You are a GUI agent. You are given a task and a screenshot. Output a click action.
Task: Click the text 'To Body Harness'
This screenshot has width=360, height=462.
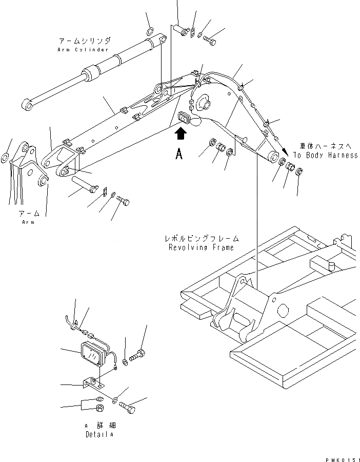(x=325, y=155)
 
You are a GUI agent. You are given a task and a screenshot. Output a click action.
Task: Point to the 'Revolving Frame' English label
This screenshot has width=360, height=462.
(x=201, y=247)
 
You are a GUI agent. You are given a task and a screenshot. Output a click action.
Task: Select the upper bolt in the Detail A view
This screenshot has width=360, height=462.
(x=137, y=354)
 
